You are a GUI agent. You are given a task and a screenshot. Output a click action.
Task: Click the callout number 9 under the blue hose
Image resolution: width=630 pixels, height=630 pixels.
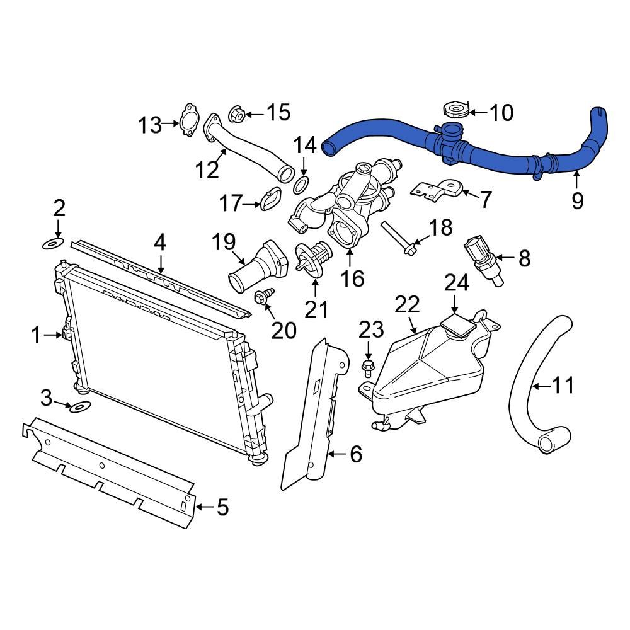[577, 201]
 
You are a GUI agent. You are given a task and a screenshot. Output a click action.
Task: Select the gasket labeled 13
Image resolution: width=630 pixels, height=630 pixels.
[188, 121]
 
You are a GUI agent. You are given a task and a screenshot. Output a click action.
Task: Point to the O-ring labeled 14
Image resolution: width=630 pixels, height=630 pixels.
[302, 185]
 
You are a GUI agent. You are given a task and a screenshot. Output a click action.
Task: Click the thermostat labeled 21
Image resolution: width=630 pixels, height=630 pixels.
[314, 260]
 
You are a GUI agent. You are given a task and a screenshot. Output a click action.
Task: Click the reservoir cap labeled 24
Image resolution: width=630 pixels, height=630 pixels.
[457, 326]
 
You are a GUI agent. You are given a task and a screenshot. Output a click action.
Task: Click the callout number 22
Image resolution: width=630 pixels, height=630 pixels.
[408, 306]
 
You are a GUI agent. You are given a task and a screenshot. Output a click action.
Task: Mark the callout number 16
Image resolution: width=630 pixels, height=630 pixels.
[353, 277]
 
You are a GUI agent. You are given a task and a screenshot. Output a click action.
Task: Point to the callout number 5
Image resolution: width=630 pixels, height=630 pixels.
[222, 507]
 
